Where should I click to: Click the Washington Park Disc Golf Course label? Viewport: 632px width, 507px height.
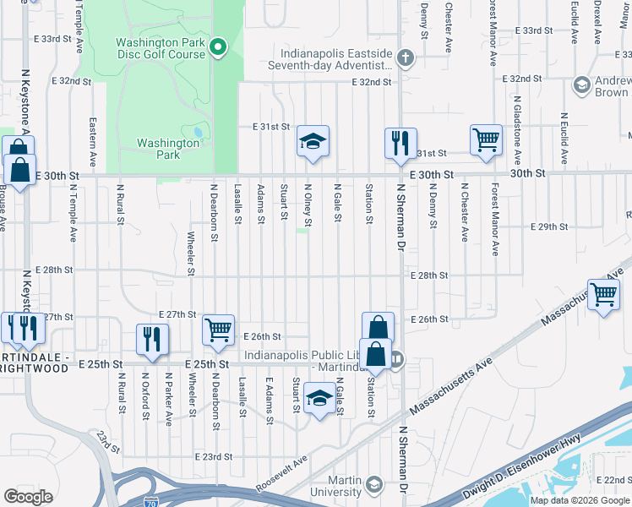(x=161, y=48)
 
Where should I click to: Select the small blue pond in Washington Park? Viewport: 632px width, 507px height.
(x=198, y=132)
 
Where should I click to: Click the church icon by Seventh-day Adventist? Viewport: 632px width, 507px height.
(x=406, y=58)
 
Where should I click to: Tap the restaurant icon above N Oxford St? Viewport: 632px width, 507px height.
(x=152, y=338)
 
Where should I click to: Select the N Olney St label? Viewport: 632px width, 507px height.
(x=308, y=206)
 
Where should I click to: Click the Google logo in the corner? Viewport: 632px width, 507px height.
(x=29, y=497)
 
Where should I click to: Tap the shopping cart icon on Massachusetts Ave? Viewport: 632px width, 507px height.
(x=604, y=295)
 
